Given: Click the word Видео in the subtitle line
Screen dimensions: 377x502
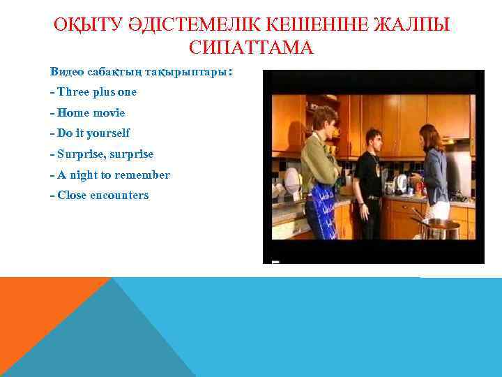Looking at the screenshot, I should click(x=67, y=72).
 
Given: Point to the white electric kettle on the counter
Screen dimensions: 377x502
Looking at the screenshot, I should click(x=400, y=184).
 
